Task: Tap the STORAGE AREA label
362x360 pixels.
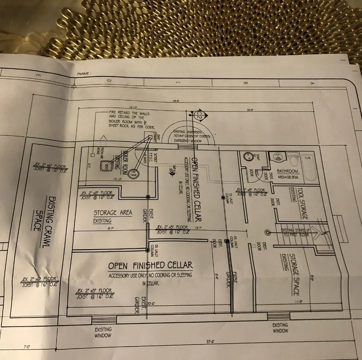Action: (x=113, y=213)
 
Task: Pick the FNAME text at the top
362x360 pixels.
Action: (x=83, y=74)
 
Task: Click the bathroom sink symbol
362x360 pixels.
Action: (x=278, y=157)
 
